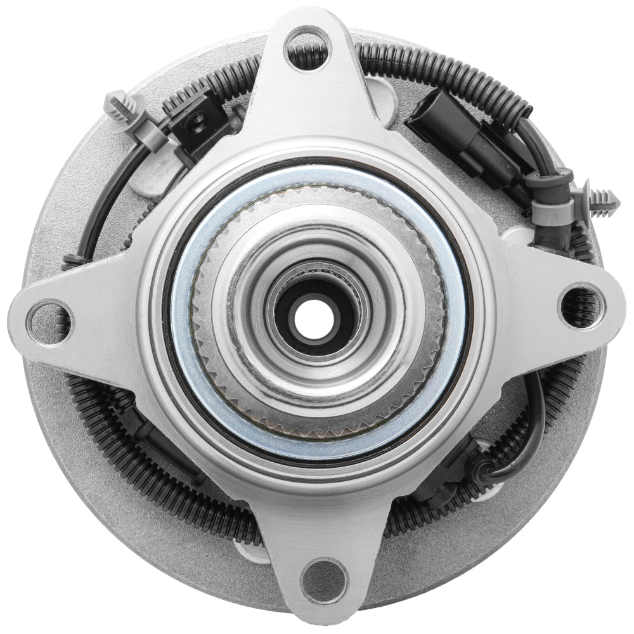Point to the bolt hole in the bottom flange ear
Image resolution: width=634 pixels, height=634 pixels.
(x=324, y=579)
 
